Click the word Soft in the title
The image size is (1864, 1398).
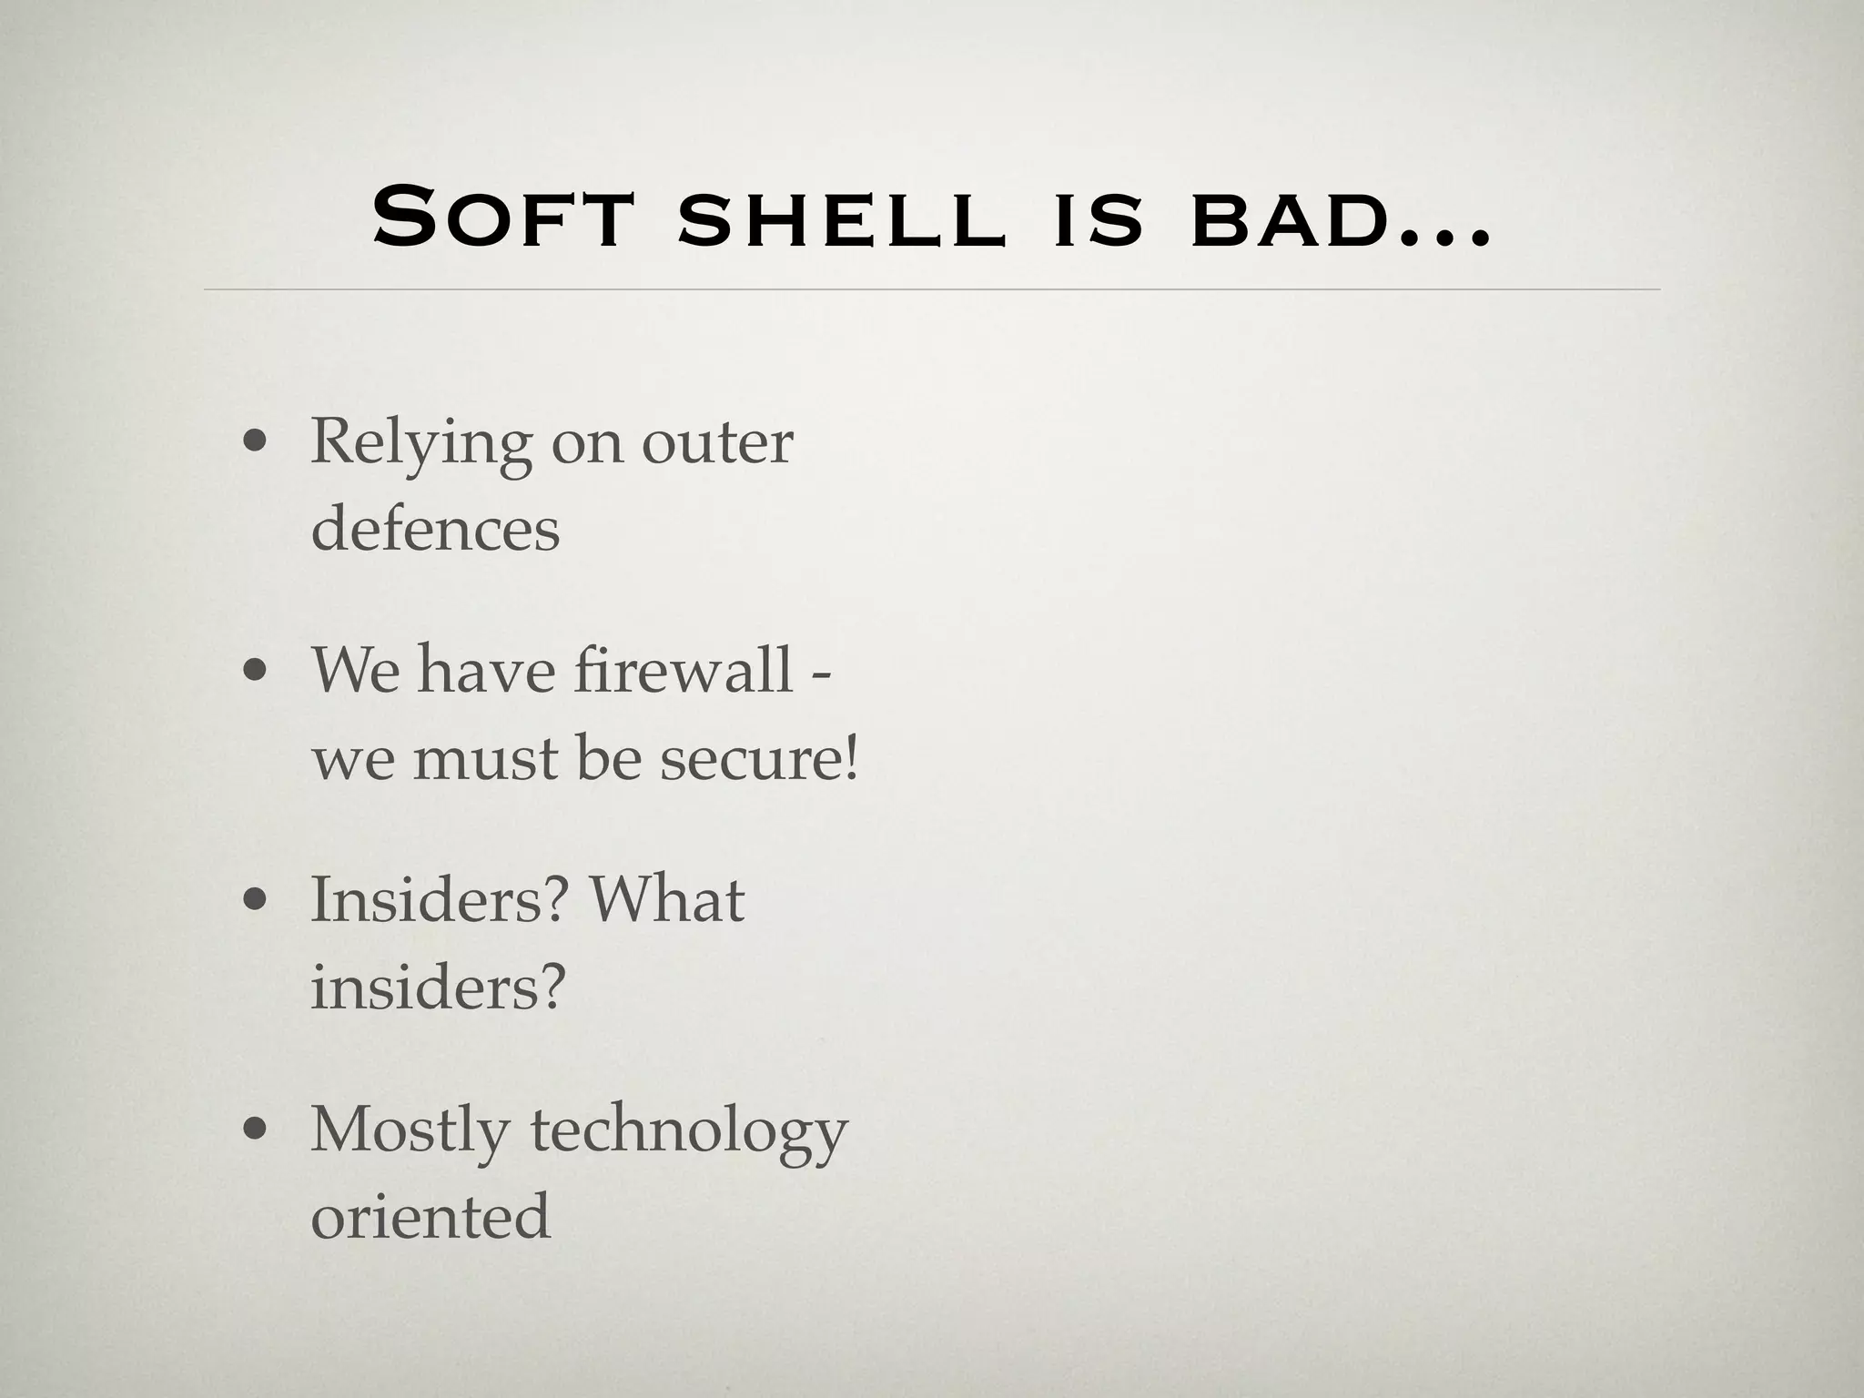[501, 218]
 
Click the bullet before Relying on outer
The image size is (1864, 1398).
[255, 443]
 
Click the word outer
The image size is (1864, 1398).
[717, 444]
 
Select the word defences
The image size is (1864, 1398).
[435, 529]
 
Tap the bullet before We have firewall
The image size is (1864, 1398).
[255, 672]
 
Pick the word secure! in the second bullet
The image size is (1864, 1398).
[759, 758]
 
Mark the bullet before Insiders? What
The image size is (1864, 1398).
[255, 901]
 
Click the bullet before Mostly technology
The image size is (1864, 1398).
[255, 1130]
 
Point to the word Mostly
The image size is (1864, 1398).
[410, 1131]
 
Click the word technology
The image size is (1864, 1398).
[689, 1131]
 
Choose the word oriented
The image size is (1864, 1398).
[431, 1215]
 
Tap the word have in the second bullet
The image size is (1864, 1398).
[486, 670]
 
